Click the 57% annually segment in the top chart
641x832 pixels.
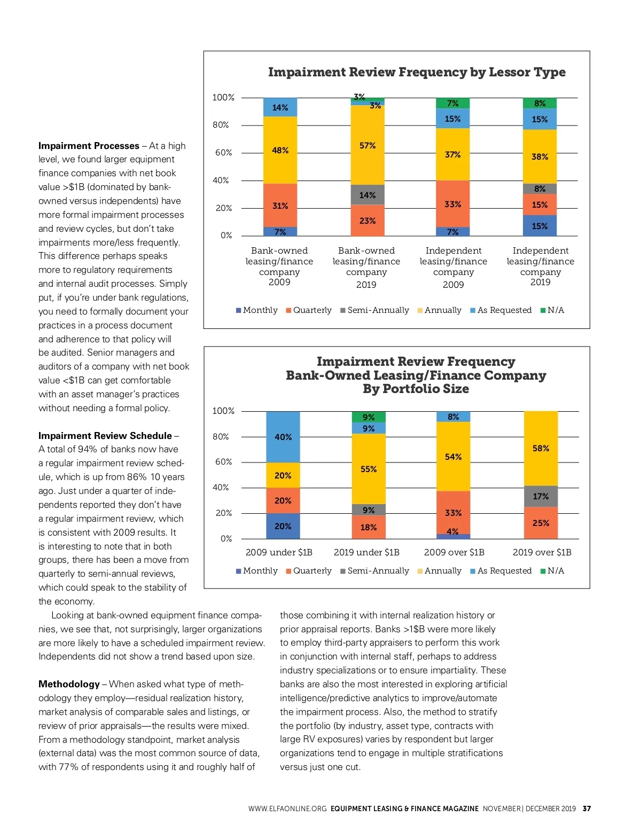point(368,145)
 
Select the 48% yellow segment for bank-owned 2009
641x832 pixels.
point(280,150)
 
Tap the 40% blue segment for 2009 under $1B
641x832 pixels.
point(283,437)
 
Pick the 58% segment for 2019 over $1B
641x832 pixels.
point(541,448)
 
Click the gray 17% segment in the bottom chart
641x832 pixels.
point(541,496)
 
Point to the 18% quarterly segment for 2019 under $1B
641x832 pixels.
point(369,527)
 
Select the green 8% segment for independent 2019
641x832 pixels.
point(540,103)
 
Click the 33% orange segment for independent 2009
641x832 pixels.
point(452,204)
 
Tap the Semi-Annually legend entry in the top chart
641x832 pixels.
point(374,310)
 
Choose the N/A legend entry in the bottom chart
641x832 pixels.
point(552,571)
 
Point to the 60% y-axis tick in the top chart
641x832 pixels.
point(223,153)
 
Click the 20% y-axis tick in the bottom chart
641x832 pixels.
point(223,513)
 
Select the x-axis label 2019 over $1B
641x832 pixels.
point(542,552)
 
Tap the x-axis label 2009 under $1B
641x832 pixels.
point(279,552)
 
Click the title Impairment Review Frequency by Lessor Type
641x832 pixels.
point(417,72)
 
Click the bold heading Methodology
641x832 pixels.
point(69,684)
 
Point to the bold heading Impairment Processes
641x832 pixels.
point(89,146)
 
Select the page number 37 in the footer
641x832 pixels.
point(587,809)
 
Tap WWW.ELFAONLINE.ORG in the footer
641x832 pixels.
point(287,809)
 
